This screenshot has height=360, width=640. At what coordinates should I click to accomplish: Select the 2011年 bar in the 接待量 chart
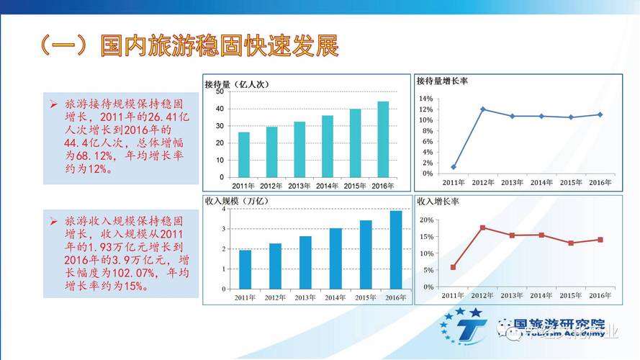click(x=244, y=155)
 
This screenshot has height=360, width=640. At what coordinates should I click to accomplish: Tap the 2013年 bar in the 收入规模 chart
click(x=305, y=262)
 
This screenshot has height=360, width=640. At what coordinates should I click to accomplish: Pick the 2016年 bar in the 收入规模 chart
click(x=396, y=249)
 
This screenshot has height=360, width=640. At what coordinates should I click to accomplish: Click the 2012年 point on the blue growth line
click(x=482, y=109)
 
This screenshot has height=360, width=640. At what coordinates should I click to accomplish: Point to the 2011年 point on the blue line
click(x=454, y=167)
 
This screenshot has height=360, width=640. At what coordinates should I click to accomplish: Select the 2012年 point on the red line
click(x=482, y=228)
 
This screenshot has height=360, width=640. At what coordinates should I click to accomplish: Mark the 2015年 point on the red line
click(x=571, y=243)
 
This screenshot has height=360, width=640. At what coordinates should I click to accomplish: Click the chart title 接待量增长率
click(x=443, y=81)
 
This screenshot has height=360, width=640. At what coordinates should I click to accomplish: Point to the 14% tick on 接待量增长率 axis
click(x=425, y=99)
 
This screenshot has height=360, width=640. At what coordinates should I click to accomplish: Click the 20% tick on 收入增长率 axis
click(x=425, y=220)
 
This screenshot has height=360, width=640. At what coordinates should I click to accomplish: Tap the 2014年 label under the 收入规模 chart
click(x=335, y=297)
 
